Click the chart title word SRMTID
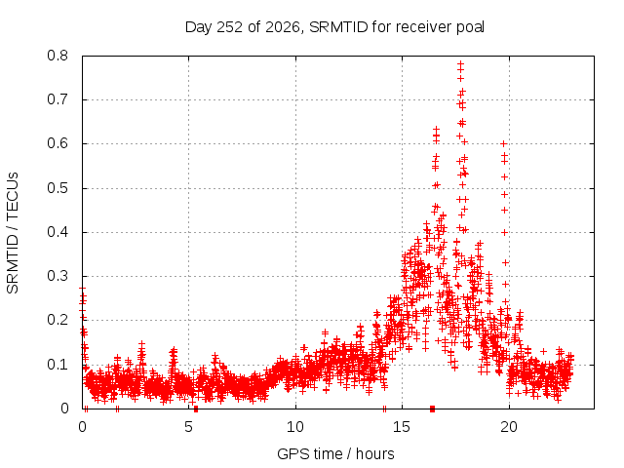[x=338, y=27]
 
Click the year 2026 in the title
[x=283, y=27]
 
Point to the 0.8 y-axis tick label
[x=58, y=56]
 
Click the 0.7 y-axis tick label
[x=58, y=99]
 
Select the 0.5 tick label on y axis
[x=58, y=188]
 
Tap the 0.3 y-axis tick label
[x=58, y=276]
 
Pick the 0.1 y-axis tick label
[x=58, y=364]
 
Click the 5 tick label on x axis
[x=188, y=427]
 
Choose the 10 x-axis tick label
[x=295, y=427]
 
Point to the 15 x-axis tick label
[x=402, y=427]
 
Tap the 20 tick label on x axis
[x=509, y=427]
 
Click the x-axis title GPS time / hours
[x=335, y=453]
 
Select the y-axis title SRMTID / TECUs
[x=13, y=233]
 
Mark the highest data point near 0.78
[x=460, y=63]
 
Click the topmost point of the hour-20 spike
[x=503, y=143]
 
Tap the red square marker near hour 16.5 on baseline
[x=433, y=409]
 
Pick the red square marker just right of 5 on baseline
[x=196, y=409]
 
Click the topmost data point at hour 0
[x=82, y=289]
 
